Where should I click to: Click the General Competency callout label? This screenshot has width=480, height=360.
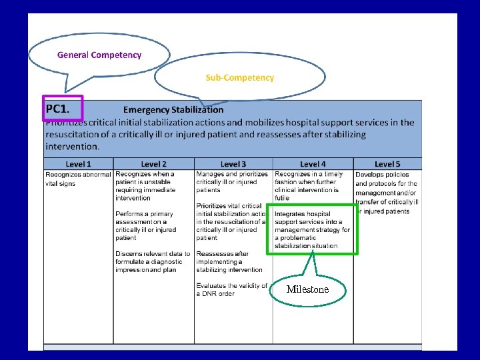coord(99,55)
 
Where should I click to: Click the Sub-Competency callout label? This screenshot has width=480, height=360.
coord(239,77)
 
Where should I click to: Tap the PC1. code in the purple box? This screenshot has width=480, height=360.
coord(63,108)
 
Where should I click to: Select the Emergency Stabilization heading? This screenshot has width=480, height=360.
coord(173,109)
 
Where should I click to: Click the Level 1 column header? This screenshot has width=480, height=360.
coord(79,164)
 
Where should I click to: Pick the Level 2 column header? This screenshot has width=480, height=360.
coord(153,164)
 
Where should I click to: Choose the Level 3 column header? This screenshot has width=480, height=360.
coord(233,164)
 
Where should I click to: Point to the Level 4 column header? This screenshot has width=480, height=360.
coord(313,164)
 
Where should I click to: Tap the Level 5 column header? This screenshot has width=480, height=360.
coord(387,164)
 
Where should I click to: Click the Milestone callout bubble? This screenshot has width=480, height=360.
coord(307,289)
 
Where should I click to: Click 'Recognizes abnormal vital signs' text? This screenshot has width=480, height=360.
coord(78,179)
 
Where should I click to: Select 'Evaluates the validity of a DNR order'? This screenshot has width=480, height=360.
coord(231,289)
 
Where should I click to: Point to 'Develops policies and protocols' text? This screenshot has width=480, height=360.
coord(387,193)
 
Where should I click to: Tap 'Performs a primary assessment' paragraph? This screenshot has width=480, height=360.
coord(145,225)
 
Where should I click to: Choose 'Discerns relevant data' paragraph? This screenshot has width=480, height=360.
coord(153,261)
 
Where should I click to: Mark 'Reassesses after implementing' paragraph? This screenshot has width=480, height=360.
coord(229,261)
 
